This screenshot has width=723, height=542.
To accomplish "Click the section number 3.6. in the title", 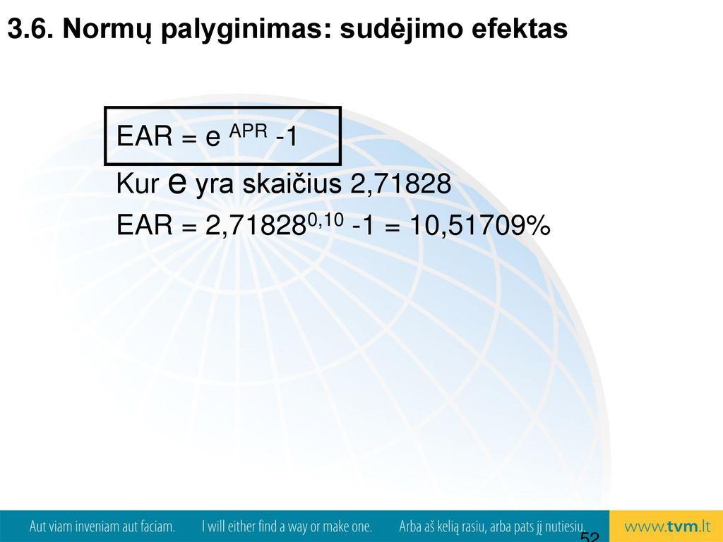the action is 31,29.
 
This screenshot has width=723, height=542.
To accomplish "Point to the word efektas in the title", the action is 519,29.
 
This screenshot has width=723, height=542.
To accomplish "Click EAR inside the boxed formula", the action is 144,136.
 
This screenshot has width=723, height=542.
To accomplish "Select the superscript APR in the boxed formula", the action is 248,131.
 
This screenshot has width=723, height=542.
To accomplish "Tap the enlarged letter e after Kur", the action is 177,183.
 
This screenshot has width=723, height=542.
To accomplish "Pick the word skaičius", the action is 292,183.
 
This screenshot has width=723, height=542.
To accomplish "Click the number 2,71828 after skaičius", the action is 401,184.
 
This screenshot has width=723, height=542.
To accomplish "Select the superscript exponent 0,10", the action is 325,220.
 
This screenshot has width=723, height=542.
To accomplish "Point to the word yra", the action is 215,186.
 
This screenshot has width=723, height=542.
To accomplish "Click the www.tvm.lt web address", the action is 667,526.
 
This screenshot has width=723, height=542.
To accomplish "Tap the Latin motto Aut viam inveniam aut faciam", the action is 102,526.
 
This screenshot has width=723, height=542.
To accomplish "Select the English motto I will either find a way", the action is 287,526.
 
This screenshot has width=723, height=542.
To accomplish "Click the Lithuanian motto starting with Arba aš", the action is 492,526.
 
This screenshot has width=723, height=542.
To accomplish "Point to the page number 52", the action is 590,536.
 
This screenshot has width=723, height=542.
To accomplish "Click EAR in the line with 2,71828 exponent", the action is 144,225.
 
